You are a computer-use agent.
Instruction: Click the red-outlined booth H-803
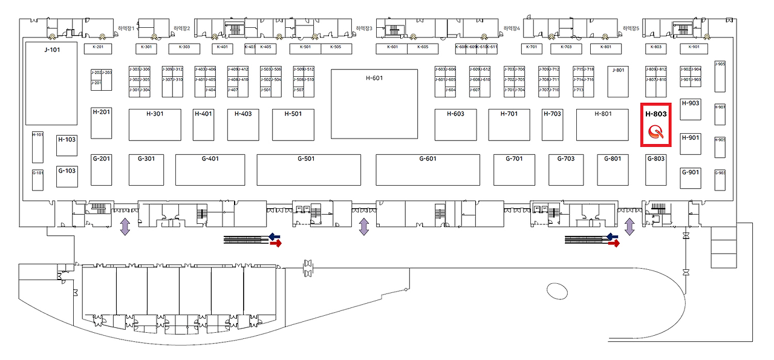[x=656, y=125]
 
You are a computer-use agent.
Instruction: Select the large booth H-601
[x=374, y=103]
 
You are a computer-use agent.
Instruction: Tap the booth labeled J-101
[x=51, y=83]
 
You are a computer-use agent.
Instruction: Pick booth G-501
[x=309, y=169]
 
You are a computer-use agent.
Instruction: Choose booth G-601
[x=428, y=169]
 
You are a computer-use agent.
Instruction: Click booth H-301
[x=155, y=125]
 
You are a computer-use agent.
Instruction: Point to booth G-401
[x=210, y=169]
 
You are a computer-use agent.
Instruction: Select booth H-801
[x=603, y=125]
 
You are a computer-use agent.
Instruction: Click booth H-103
[x=67, y=145]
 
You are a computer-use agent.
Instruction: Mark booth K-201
[x=98, y=47]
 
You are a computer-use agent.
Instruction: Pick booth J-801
[x=618, y=81]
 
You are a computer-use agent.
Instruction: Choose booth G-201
[x=102, y=169]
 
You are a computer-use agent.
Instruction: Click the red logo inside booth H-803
[x=656, y=133]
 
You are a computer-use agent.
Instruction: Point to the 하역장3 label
[x=363, y=28]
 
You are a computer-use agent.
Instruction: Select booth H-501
[x=293, y=125]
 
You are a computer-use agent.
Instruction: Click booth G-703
[x=565, y=169]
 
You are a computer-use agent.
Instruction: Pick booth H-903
[x=691, y=110]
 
